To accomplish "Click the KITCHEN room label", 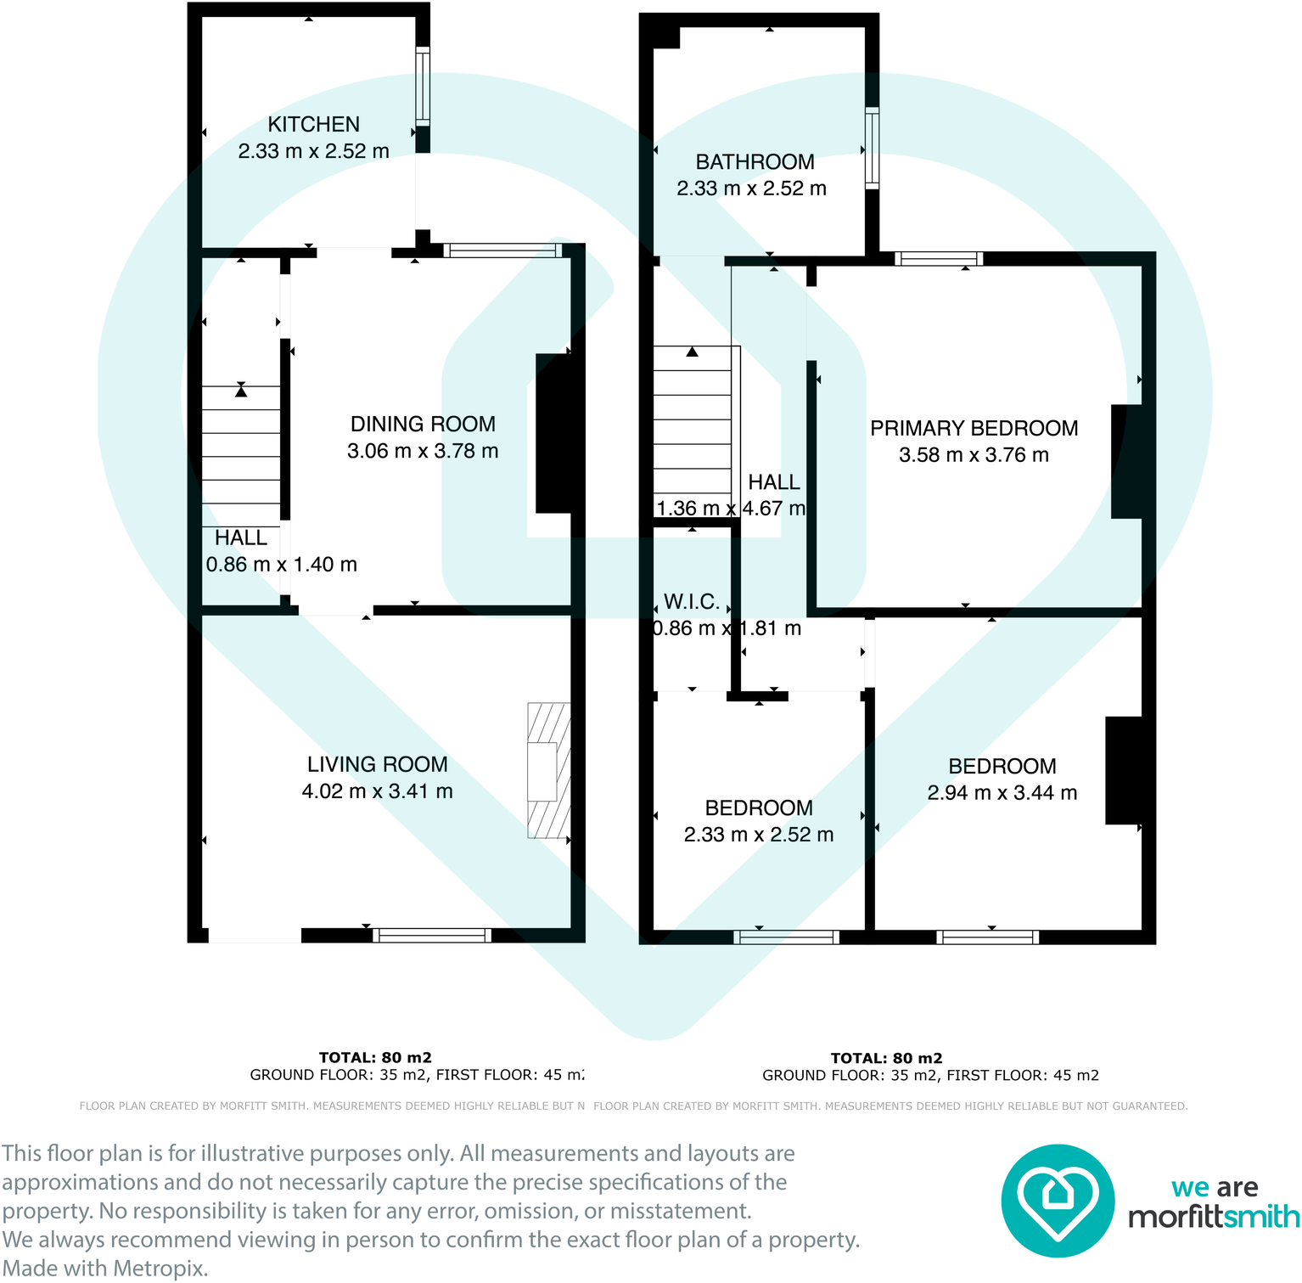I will [313, 124].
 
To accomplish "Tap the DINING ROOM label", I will [423, 424].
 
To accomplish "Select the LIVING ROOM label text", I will [377, 764].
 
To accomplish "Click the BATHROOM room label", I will [755, 161].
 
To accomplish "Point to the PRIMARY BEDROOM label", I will [974, 428].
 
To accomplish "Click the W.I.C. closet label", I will [691, 602].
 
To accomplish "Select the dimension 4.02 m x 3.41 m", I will [377, 791].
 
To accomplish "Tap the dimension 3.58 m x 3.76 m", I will [974, 455].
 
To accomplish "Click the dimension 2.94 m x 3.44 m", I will [1002, 793].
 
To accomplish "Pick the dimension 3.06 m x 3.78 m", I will [423, 451].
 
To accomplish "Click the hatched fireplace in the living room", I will [548, 770].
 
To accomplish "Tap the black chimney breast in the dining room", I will [553, 433].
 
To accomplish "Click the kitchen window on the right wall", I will [422, 87].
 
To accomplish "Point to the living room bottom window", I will [432, 936].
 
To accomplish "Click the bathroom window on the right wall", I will [872, 148].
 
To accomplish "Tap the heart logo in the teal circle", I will [1057, 1200].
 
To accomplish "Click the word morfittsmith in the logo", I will [1213, 1217].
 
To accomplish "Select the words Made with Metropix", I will [104, 1269].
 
